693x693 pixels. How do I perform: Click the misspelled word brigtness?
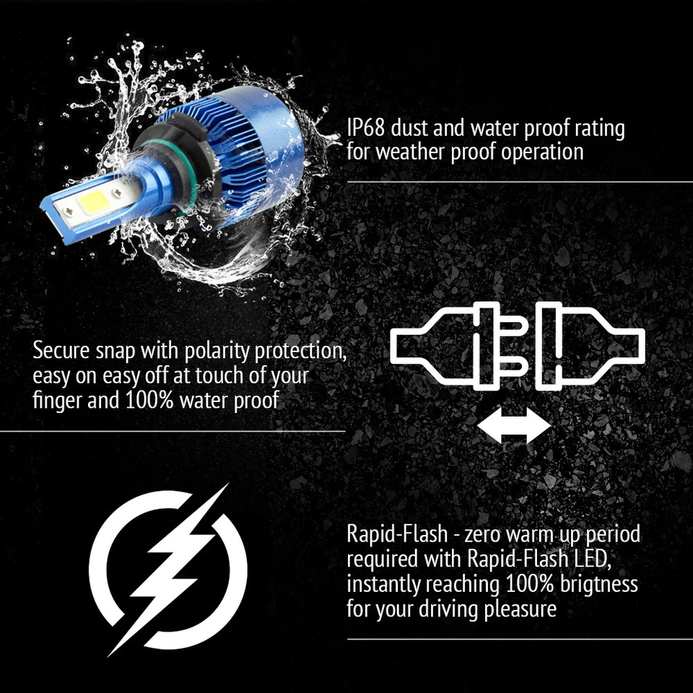click(x=589, y=583)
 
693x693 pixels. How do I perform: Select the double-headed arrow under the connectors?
click(x=514, y=424)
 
